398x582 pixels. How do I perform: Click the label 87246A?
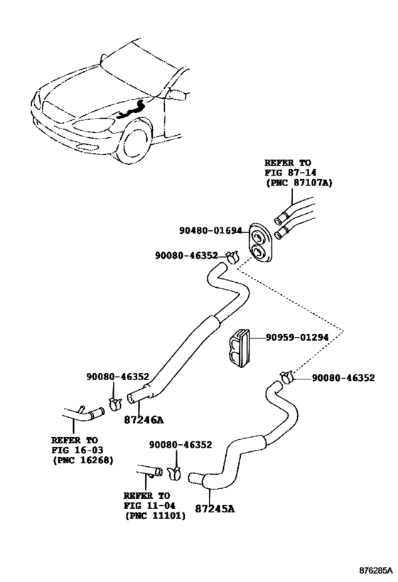coord(140,420)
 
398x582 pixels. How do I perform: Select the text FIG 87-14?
coord(289,173)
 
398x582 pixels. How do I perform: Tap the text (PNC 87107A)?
coord(298,183)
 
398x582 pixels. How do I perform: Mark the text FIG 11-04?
coord(148,505)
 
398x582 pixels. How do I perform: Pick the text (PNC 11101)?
coord(155,516)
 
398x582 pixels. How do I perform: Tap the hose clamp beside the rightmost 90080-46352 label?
coord(287,377)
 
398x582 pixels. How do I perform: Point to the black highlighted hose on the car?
coord(131,109)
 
